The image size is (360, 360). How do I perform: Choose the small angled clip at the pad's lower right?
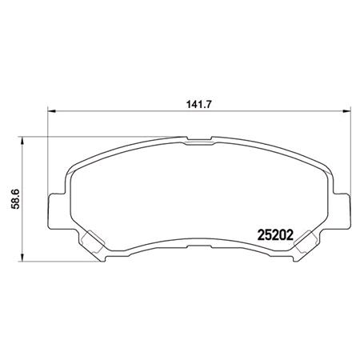tap(305, 243)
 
